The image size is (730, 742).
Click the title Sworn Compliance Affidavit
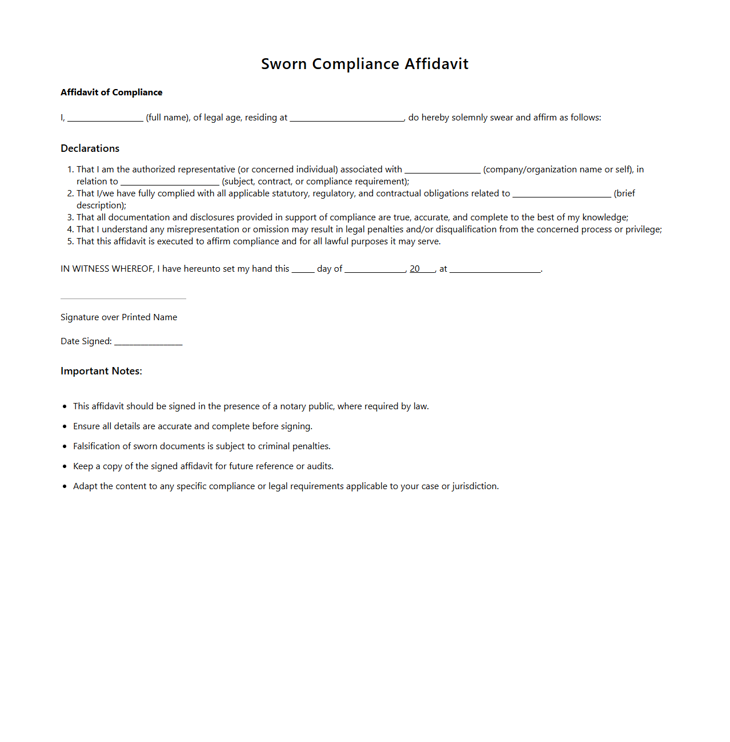click(364, 64)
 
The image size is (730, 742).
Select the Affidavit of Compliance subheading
click(111, 92)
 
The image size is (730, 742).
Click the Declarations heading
click(90, 148)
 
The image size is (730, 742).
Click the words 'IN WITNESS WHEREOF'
click(107, 269)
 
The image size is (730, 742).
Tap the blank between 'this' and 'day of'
click(303, 270)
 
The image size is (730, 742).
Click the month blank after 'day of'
click(375, 270)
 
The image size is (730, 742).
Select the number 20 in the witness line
click(415, 269)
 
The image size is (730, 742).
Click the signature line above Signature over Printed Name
click(123, 299)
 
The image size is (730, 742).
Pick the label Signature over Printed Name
click(119, 317)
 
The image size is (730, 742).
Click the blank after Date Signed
click(148, 342)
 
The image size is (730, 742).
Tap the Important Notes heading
click(101, 371)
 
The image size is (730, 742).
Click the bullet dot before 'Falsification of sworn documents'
click(65, 446)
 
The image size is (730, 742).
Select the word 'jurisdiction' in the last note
click(475, 486)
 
